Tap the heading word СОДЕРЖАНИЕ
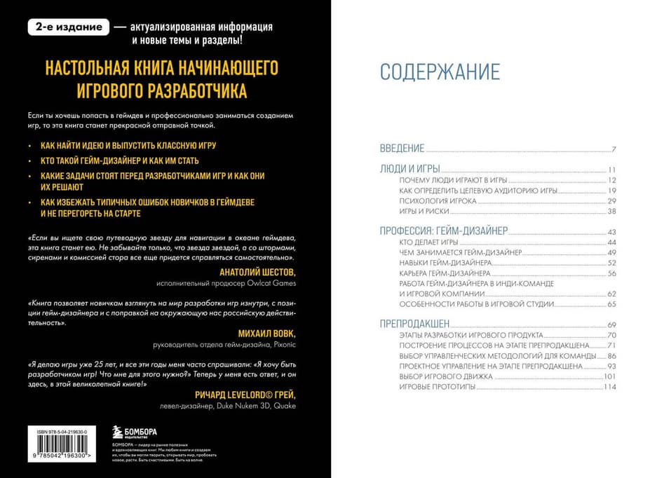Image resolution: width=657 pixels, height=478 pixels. click(x=440, y=71)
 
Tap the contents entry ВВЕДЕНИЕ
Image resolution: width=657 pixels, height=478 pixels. click(x=402, y=149)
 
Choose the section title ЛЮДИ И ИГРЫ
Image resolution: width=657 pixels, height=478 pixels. click(x=409, y=170)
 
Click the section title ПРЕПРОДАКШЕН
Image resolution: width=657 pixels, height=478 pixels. click(x=414, y=325)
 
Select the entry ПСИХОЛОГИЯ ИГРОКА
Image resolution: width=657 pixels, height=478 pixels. click(x=438, y=201)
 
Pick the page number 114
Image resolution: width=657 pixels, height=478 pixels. click(x=609, y=387)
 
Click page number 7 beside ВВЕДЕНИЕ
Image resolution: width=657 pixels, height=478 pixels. click(x=613, y=149)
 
